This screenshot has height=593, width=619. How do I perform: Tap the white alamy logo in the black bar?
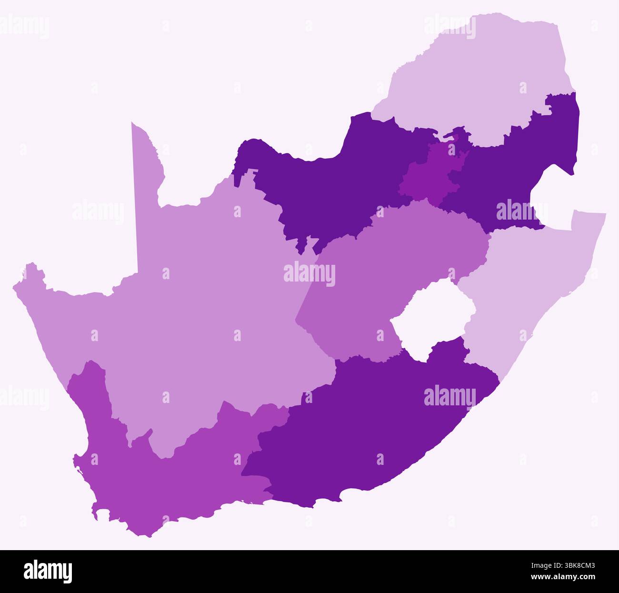tap(48, 571)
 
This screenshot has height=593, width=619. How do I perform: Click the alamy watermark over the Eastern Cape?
tap(449, 396)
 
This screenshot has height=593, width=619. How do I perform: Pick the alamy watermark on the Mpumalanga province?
tap(521, 211)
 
